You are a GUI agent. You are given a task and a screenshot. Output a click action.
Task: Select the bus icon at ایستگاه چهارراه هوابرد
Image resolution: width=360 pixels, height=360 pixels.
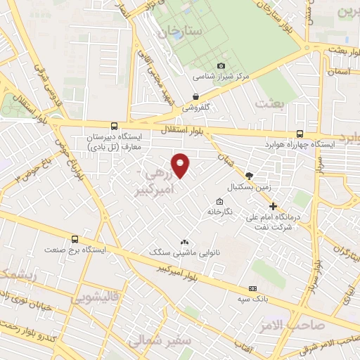tap(300, 134)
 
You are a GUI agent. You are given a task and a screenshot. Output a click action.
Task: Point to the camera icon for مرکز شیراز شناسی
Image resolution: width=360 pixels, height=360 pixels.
tap(221, 65)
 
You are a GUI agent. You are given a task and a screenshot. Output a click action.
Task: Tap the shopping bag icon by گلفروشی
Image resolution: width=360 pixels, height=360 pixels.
tap(196, 98)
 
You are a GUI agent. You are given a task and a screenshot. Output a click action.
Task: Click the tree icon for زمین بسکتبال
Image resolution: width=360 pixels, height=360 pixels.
tap(248, 176)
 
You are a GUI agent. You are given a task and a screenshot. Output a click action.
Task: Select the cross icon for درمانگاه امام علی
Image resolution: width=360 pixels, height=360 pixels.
tap(274, 205)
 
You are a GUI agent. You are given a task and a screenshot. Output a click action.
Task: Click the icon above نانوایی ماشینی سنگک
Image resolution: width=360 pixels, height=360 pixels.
tap(185, 241)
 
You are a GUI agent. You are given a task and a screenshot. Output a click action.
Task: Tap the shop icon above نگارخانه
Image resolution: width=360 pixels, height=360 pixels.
tap(219, 202)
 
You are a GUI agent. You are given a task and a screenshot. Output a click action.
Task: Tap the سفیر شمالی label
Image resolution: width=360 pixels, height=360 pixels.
tap(154, 340)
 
